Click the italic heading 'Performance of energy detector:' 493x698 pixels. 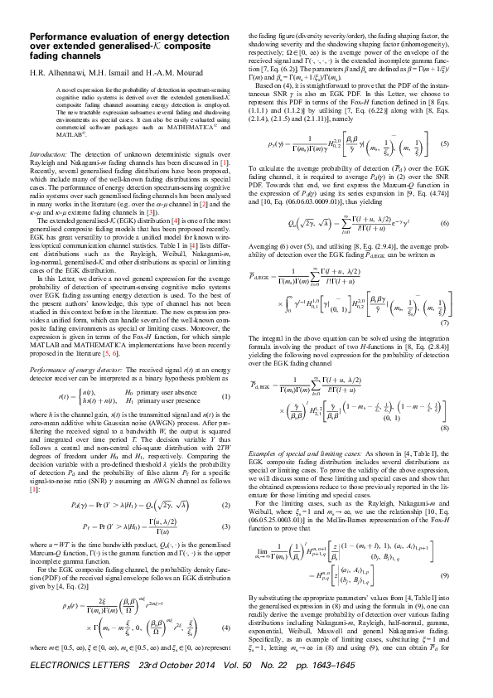point(80,367)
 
